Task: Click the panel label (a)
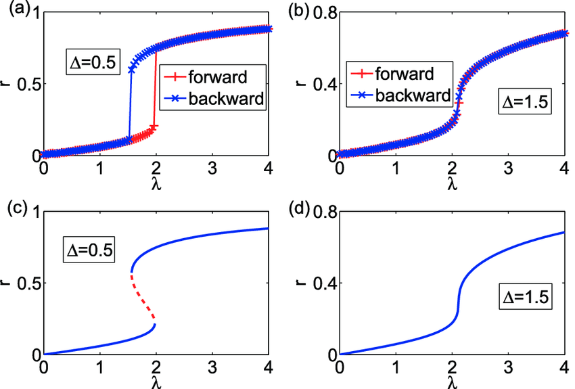coord(13,9)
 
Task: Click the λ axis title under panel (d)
coord(451,382)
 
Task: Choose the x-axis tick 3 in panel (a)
coord(212,168)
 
